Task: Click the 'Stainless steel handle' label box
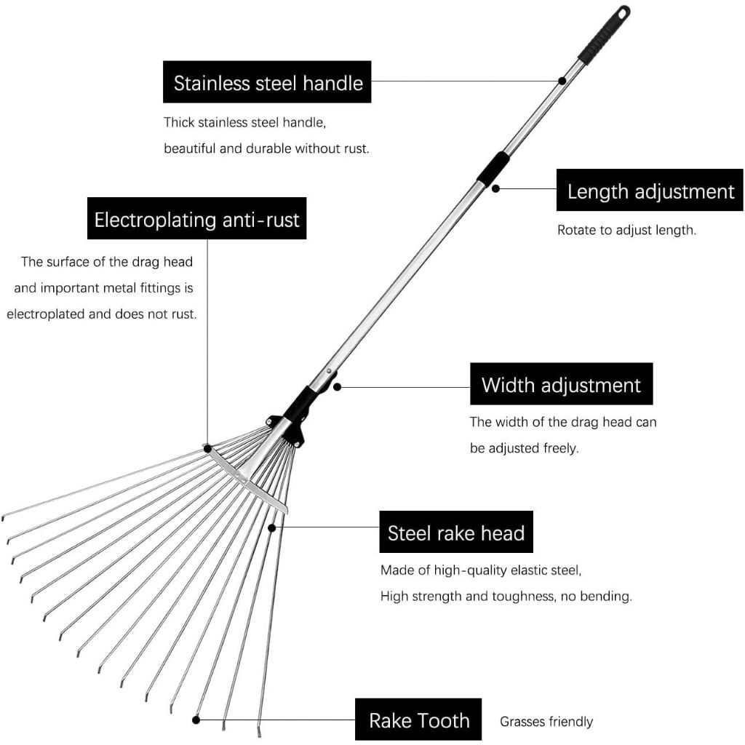pos(267,81)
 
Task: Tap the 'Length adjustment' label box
pos(650,190)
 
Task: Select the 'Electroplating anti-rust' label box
pos(196,218)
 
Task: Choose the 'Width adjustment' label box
pos(561,384)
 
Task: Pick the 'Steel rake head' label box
pos(456,532)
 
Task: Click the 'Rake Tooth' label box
pos(418,720)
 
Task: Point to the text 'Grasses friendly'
pos(546,722)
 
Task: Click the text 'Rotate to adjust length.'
pos(626,230)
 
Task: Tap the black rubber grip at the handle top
pos(603,34)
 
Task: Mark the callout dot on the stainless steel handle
pos(562,81)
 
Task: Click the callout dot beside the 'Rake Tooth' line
pos(196,720)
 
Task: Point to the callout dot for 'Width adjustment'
pos(337,387)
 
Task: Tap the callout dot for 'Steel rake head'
pos(272,528)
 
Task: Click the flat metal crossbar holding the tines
pos(247,480)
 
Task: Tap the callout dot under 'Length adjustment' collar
pos(495,188)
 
